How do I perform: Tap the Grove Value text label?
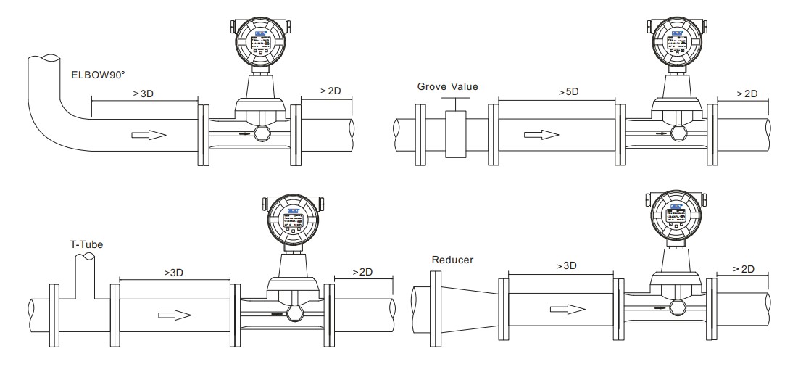pyautogui.click(x=447, y=87)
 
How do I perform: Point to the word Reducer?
pyautogui.click(x=452, y=259)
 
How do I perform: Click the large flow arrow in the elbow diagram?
pyautogui.click(x=149, y=134)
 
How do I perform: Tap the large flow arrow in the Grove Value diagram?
pyautogui.click(x=541, y=134)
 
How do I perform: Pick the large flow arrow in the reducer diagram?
pyautogui.click(x=567, y=309)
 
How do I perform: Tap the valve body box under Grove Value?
pyautogui.click(x=455, y=134)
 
